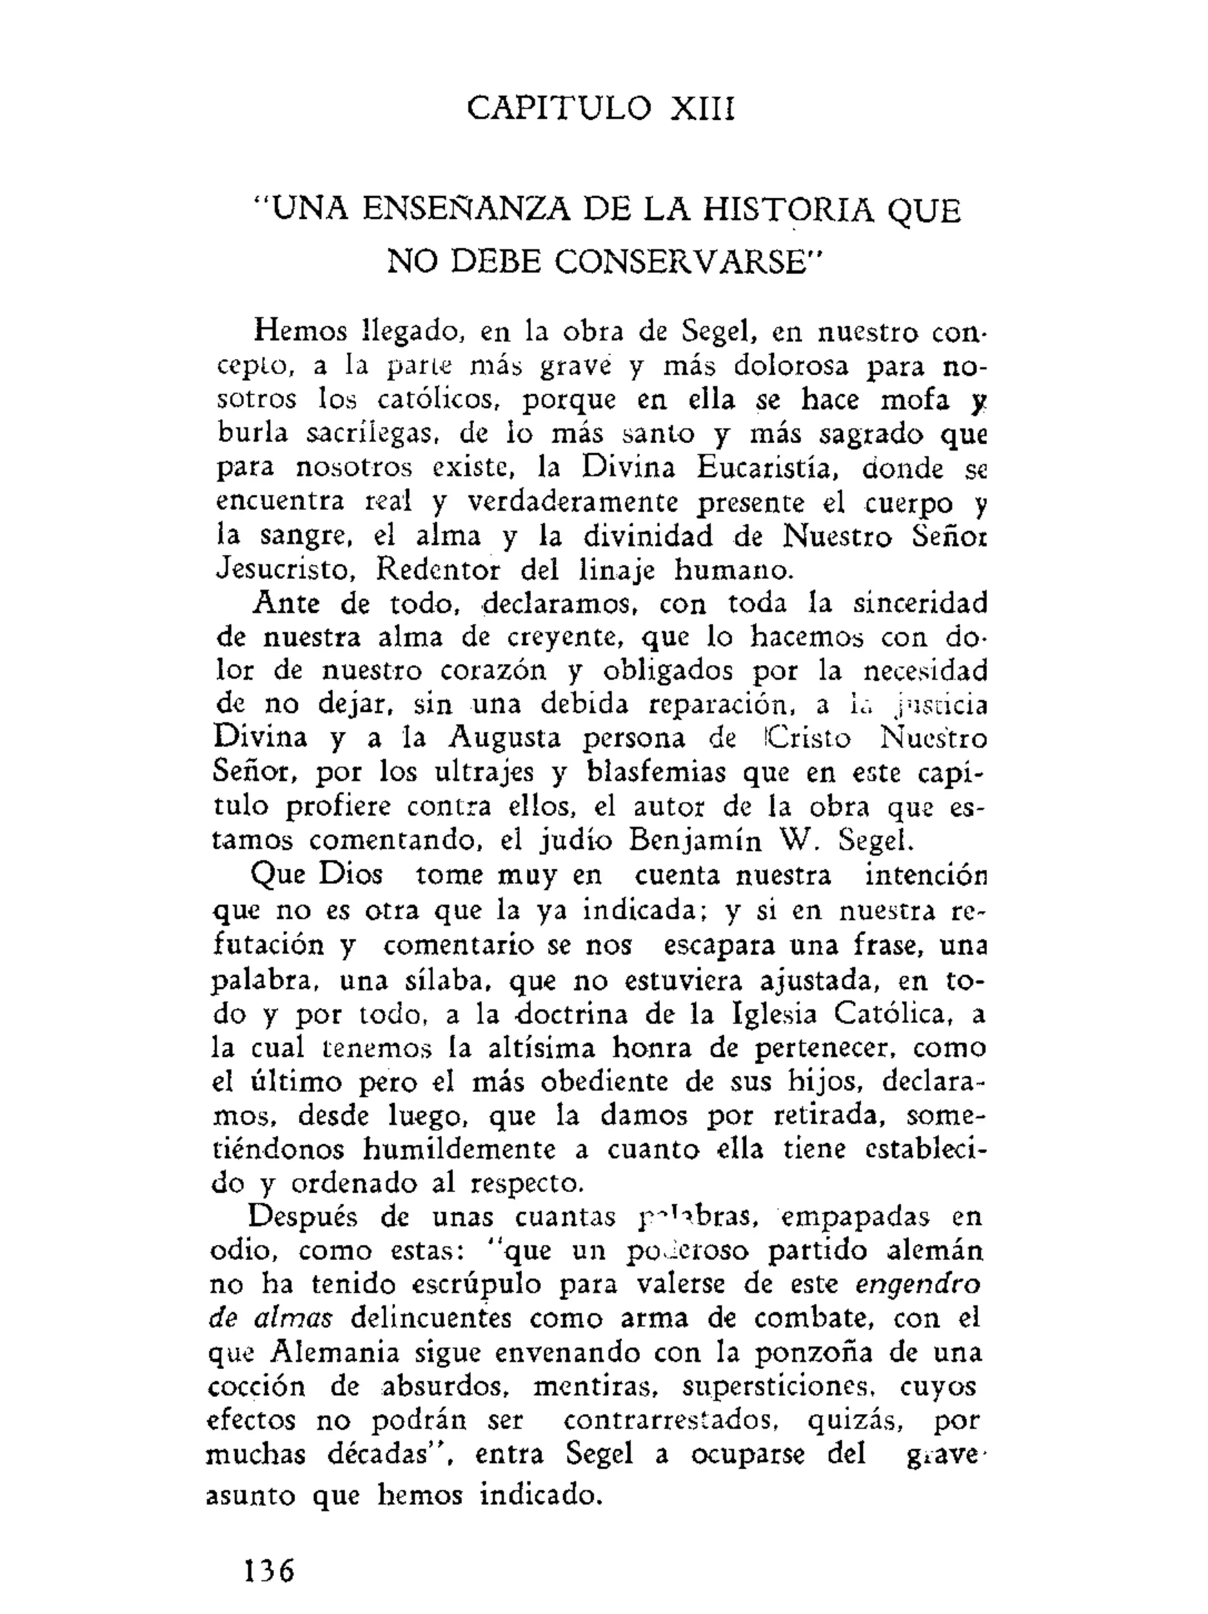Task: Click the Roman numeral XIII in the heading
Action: [702, 109]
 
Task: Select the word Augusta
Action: [505, 738]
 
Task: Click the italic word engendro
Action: [917, 1284]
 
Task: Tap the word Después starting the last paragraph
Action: [306, 1217]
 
